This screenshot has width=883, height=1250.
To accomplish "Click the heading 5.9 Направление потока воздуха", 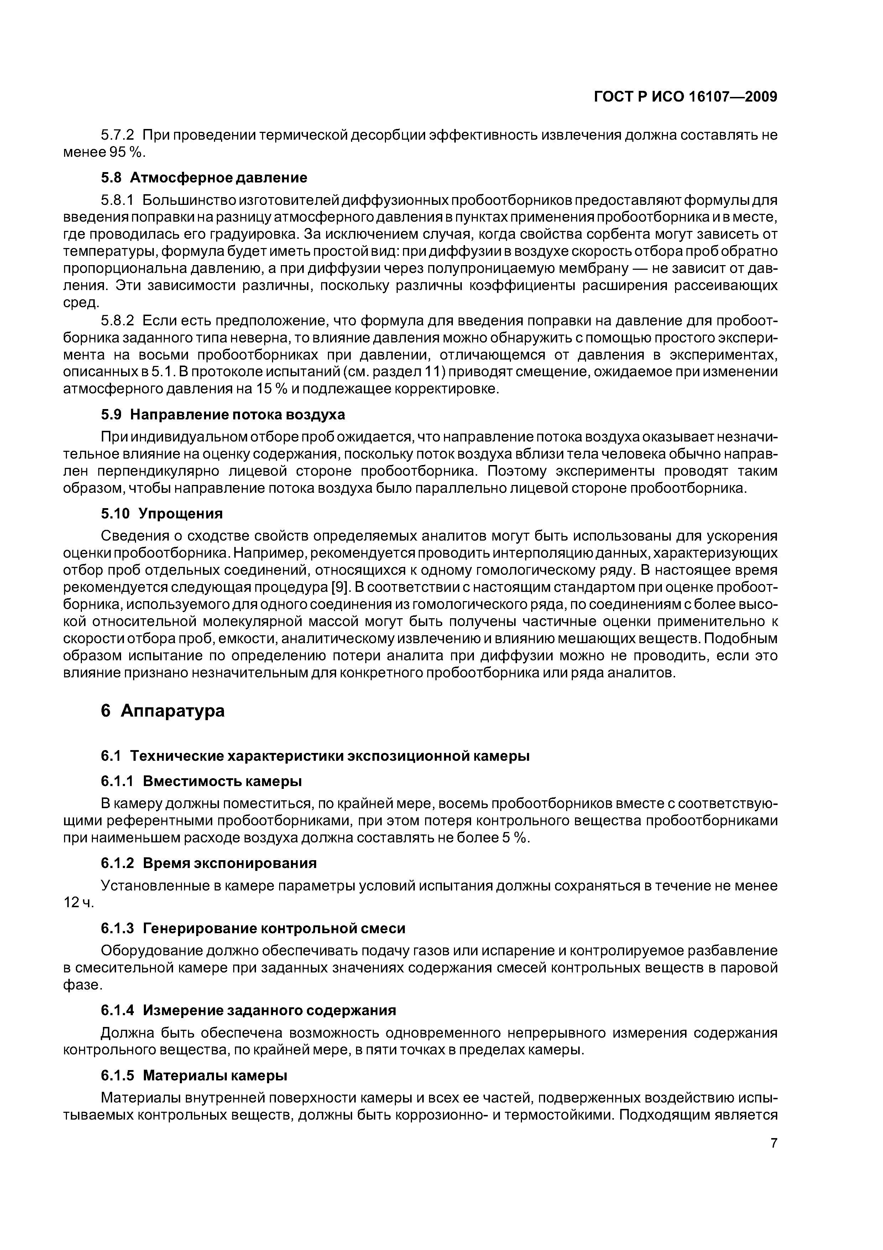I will click(x=223, y=414).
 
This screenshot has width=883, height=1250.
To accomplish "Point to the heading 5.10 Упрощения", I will click(x=162, y=513).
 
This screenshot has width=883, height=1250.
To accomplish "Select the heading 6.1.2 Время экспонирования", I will click(x=209, y=863).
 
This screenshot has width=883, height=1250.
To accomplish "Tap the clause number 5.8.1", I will click(x=117, y=200).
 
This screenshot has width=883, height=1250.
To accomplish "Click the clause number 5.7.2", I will click(x=117, y=135).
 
